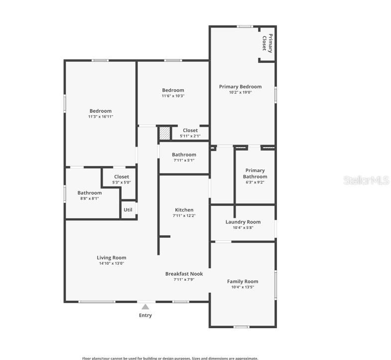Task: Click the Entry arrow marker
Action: (145, 307)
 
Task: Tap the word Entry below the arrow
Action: (145, 315)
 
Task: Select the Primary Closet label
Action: (267, 42)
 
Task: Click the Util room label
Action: (128, 210)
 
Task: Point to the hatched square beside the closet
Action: (164, 133)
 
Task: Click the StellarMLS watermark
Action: (366, 180)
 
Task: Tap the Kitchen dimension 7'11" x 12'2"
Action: (184, 216)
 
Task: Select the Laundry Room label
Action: (243, 222)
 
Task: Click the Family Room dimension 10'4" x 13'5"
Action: (243, 287)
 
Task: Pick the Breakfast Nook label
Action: (184, 274)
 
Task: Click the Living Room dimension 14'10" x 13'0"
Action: (112, 263)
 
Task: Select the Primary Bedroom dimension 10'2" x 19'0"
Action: (240, 92)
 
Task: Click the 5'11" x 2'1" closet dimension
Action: (190, 136)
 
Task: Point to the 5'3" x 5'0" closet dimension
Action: (122, 182)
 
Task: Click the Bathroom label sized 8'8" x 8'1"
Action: (90, 193)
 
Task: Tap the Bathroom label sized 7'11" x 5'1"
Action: (184, 155)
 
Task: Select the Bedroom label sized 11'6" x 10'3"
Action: (173, 90)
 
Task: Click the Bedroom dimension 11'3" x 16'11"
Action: (101, 117)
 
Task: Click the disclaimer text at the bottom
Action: (170, 358)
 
